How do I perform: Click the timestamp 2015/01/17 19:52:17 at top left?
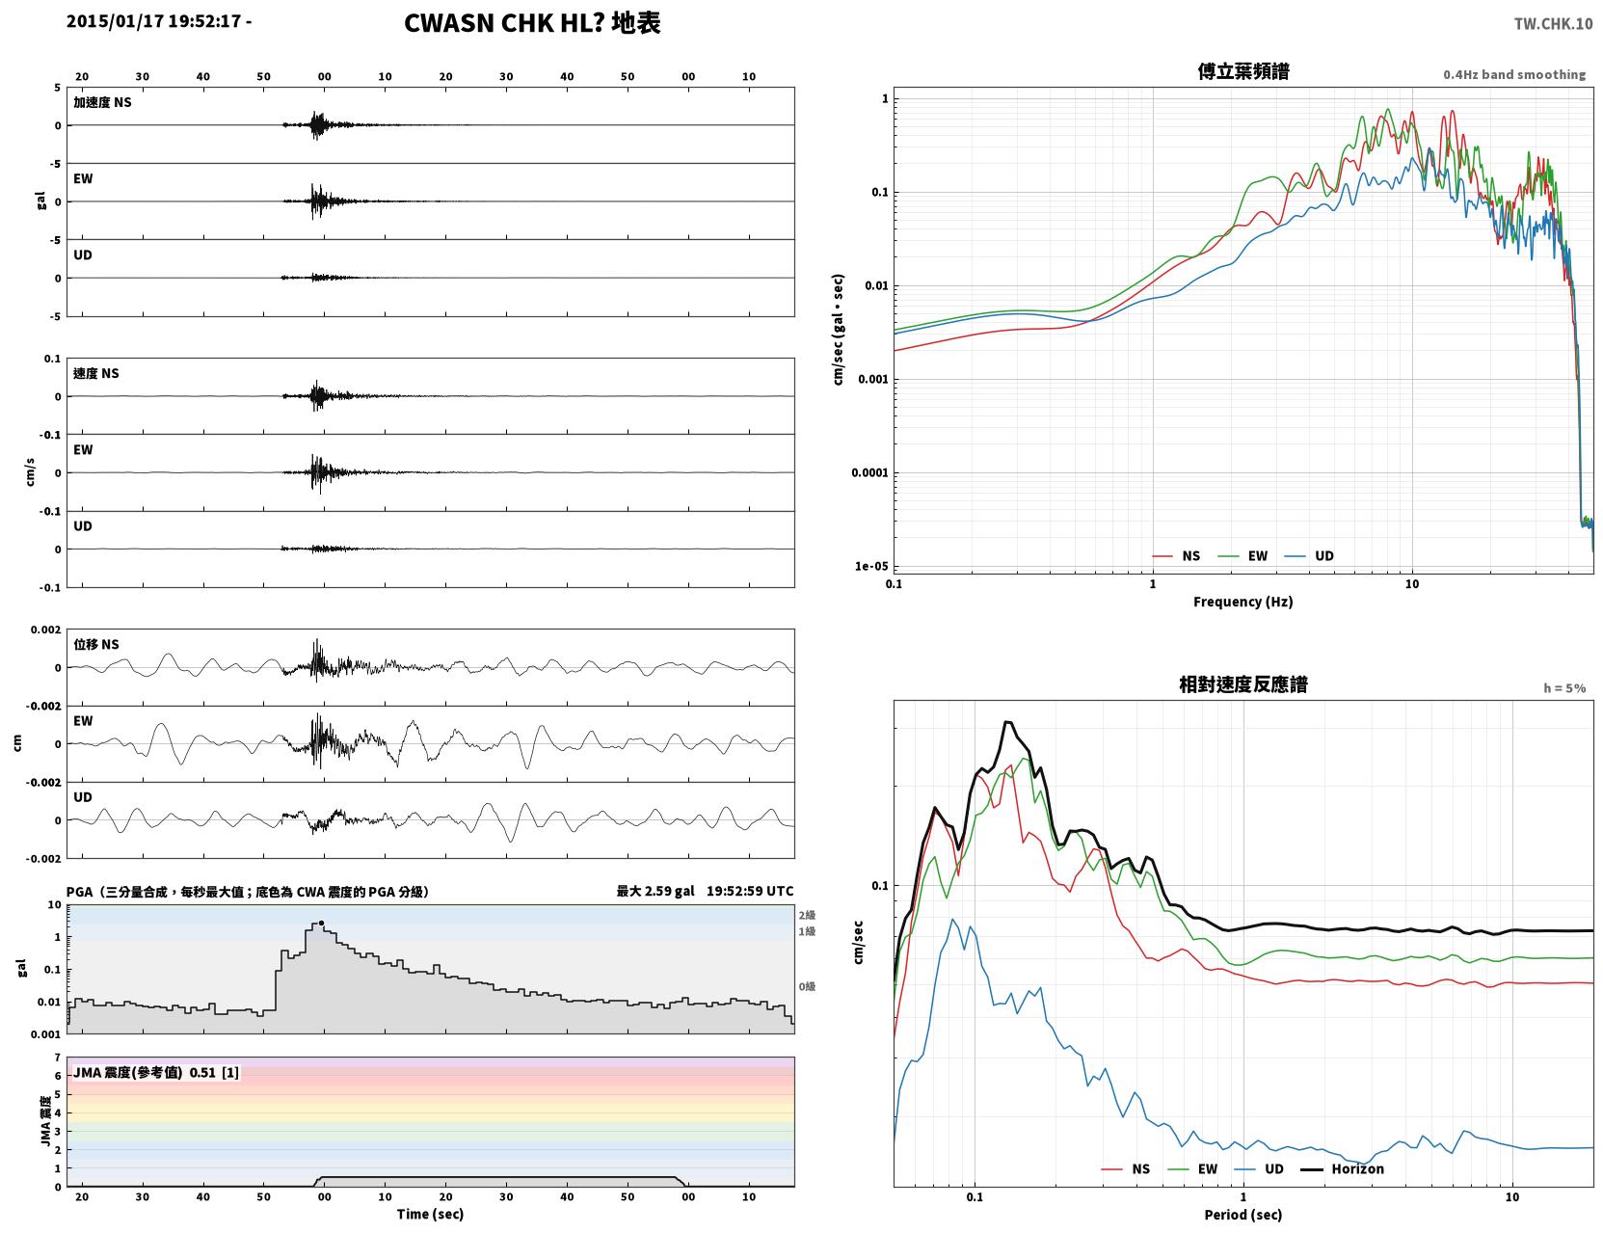coord(153,21)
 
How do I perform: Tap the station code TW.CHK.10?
coord(1553,24)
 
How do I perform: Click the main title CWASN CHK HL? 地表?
coord(532,23)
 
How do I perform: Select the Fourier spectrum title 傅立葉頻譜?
coord(1243,71)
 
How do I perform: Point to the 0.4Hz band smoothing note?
coord(1513,74)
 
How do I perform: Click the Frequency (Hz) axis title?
coord(1243,602)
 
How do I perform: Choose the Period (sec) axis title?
coord(1243,1215)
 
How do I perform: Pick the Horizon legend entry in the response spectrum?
coord(1342,1168)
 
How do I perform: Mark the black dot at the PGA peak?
coord(321,924)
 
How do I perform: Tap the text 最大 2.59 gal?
coord(655,891)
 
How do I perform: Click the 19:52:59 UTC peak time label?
coord(750,891)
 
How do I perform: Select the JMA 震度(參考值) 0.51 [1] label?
coord(155,1072)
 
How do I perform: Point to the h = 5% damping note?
coord(1563,688)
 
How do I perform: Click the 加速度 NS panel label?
coord(102,102)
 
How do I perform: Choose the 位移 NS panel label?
coord(95,645)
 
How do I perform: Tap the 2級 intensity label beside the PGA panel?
coord(807,915)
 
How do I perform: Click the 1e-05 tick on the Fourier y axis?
coord(871,566)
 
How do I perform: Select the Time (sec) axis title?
coord(430,1214)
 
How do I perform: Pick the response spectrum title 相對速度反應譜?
coord(1243,684)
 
